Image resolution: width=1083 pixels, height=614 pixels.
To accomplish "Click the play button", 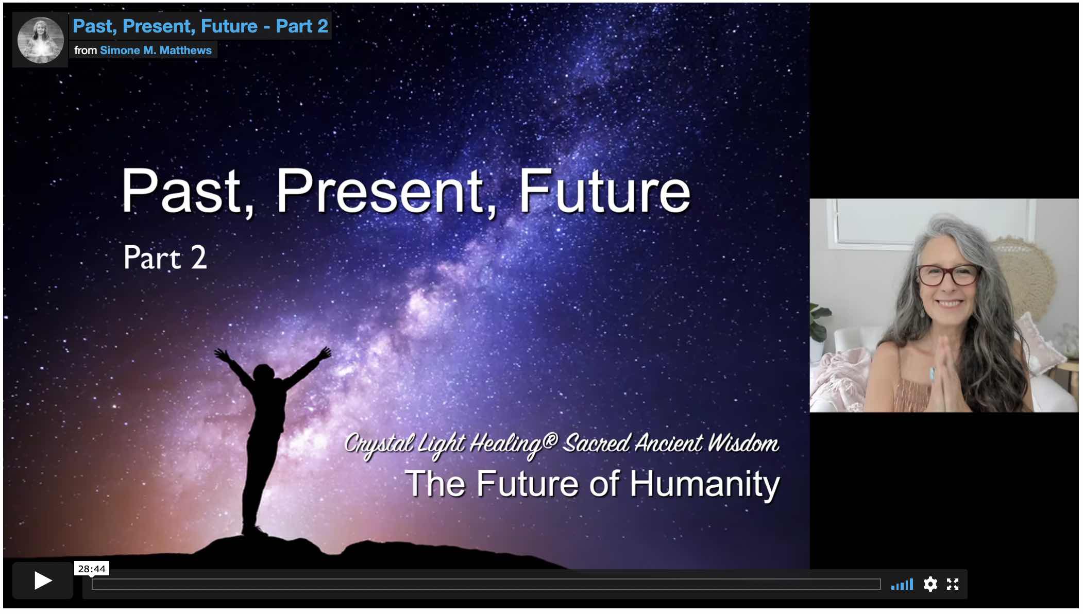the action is coord(43,581).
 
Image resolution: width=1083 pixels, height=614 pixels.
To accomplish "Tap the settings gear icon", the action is coord(930,584).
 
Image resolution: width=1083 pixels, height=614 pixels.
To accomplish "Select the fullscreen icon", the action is coord(953,584).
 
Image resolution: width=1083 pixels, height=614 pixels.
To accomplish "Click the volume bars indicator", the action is coord(902,584).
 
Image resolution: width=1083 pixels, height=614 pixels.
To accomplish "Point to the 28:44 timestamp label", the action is coord(92,569).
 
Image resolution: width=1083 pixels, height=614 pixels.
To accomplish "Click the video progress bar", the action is coord(486,584).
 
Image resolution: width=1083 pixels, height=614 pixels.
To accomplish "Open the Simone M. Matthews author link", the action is coord(156,50).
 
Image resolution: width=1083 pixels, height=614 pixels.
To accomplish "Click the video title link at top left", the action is coord(200,26).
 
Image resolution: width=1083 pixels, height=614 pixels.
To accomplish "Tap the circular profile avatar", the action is coord(41,40).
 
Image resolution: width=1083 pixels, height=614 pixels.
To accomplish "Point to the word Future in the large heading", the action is coord(604,191).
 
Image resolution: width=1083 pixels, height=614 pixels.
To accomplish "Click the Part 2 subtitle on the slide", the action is coord(165,257).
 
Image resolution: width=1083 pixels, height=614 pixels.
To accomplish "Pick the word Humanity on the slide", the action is coord(705,484).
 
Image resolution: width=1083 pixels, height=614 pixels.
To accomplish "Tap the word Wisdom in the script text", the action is coord(742,443).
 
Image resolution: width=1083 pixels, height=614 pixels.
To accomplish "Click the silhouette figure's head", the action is coord(263,372).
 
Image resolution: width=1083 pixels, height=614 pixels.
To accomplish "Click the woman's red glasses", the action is coord(949,274).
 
